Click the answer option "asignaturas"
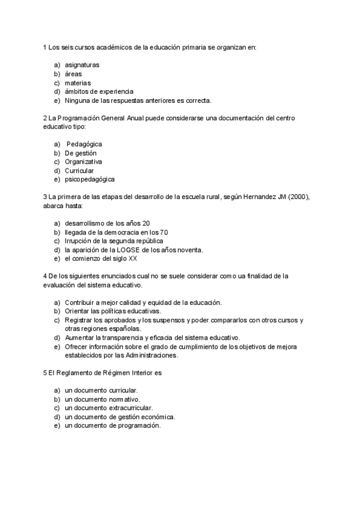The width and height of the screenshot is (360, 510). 82,64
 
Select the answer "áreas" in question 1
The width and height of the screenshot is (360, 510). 74,73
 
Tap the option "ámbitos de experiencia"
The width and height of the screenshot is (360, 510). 99,91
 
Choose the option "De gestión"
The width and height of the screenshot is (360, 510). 81,153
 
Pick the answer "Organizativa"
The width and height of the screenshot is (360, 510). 84,162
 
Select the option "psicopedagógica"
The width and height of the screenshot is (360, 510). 90,179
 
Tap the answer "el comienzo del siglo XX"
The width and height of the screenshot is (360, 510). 102,259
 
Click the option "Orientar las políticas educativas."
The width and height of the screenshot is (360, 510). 113,311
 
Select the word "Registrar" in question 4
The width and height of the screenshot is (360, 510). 79,320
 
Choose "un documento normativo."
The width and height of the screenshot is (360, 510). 103,399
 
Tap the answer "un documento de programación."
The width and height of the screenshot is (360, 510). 112,425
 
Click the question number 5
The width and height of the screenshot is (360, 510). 45,373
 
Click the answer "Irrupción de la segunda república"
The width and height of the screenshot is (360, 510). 114,241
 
